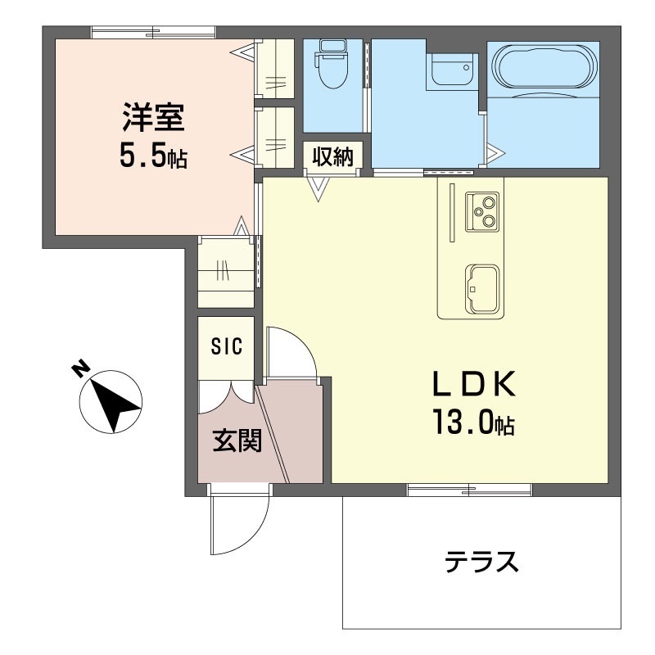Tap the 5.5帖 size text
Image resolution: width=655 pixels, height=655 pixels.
pyautogui.click(x=154, y=155)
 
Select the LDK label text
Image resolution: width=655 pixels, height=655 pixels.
pyautogui.click(x=473, y=384)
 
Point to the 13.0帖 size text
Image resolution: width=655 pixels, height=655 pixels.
pyautogui.click(x=473, y=422)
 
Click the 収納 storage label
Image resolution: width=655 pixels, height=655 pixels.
pyautogui.click(x=331, y=156)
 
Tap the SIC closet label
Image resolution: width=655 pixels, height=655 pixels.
pyautogui.click(x=227, y=347)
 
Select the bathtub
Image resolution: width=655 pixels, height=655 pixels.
pyautogui.click(x=544, y=69)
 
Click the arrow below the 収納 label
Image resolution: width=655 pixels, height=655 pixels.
pyautogui.click(x=318, y=189)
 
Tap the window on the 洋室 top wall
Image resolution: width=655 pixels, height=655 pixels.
pyautogui.click(x=153, y=33)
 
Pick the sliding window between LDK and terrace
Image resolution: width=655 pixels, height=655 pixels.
pyautogui.click(x=469, y=490)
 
